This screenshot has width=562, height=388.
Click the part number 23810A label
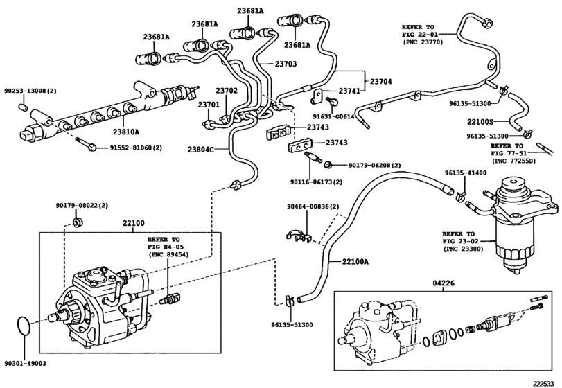[126, 132]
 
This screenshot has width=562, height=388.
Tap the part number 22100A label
[355, 261]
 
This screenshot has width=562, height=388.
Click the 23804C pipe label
[201, 149]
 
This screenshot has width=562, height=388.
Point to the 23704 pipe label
[378, 81]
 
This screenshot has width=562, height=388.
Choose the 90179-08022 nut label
[82, 206]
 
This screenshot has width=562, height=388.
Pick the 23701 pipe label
[209, 105]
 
